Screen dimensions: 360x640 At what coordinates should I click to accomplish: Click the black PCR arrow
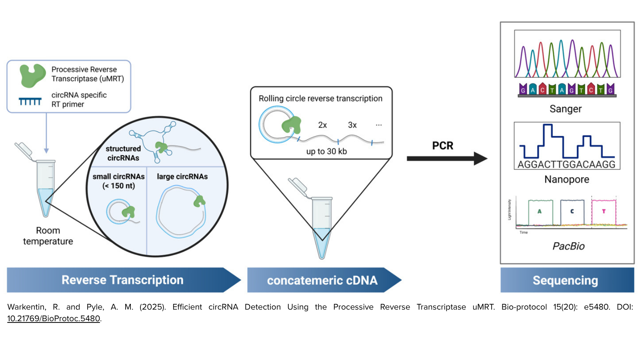tap(446, 158)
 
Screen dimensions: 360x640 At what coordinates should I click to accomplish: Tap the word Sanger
tap(565, 109)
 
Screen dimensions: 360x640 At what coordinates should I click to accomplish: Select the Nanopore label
tap(566, 180)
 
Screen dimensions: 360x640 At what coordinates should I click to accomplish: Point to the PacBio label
tap(568, 246)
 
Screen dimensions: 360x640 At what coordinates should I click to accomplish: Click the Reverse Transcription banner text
tap(122, 280)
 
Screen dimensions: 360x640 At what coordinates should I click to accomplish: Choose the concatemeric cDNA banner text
tap(322, 280)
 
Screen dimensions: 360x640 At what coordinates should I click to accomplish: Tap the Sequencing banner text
tap(565, 280)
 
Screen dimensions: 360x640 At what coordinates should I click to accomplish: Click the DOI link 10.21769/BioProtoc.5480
tap(54, 319)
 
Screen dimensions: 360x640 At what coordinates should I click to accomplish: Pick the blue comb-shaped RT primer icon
tap(30, 101)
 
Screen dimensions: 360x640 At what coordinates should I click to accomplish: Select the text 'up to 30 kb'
tap(326, 152)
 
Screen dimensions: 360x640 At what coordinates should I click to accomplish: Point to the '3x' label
tap(352, 125)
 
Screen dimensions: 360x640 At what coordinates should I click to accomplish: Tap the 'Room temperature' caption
tap(48, 236)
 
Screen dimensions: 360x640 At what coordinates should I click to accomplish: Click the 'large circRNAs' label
tap(182, 176)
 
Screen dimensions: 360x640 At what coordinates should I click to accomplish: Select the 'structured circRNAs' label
tap(123, 153)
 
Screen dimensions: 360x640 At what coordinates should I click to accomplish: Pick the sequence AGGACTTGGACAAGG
tap(566, 164)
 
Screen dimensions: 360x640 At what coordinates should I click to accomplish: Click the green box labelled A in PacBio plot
tap(540, 212)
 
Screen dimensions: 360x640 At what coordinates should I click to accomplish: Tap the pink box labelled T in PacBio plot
tap(604, 212)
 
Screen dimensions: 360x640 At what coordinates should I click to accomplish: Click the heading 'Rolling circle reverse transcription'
tap(320, 98)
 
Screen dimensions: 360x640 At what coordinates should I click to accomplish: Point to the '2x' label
tap(322, 125)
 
